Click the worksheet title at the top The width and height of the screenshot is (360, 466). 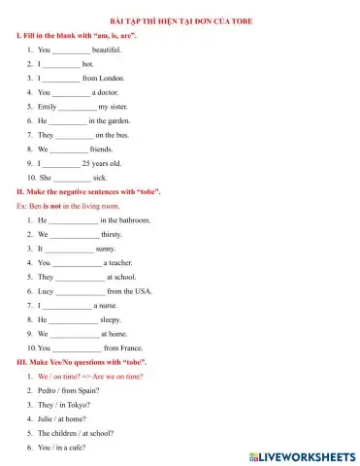(x=180, y=19)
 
